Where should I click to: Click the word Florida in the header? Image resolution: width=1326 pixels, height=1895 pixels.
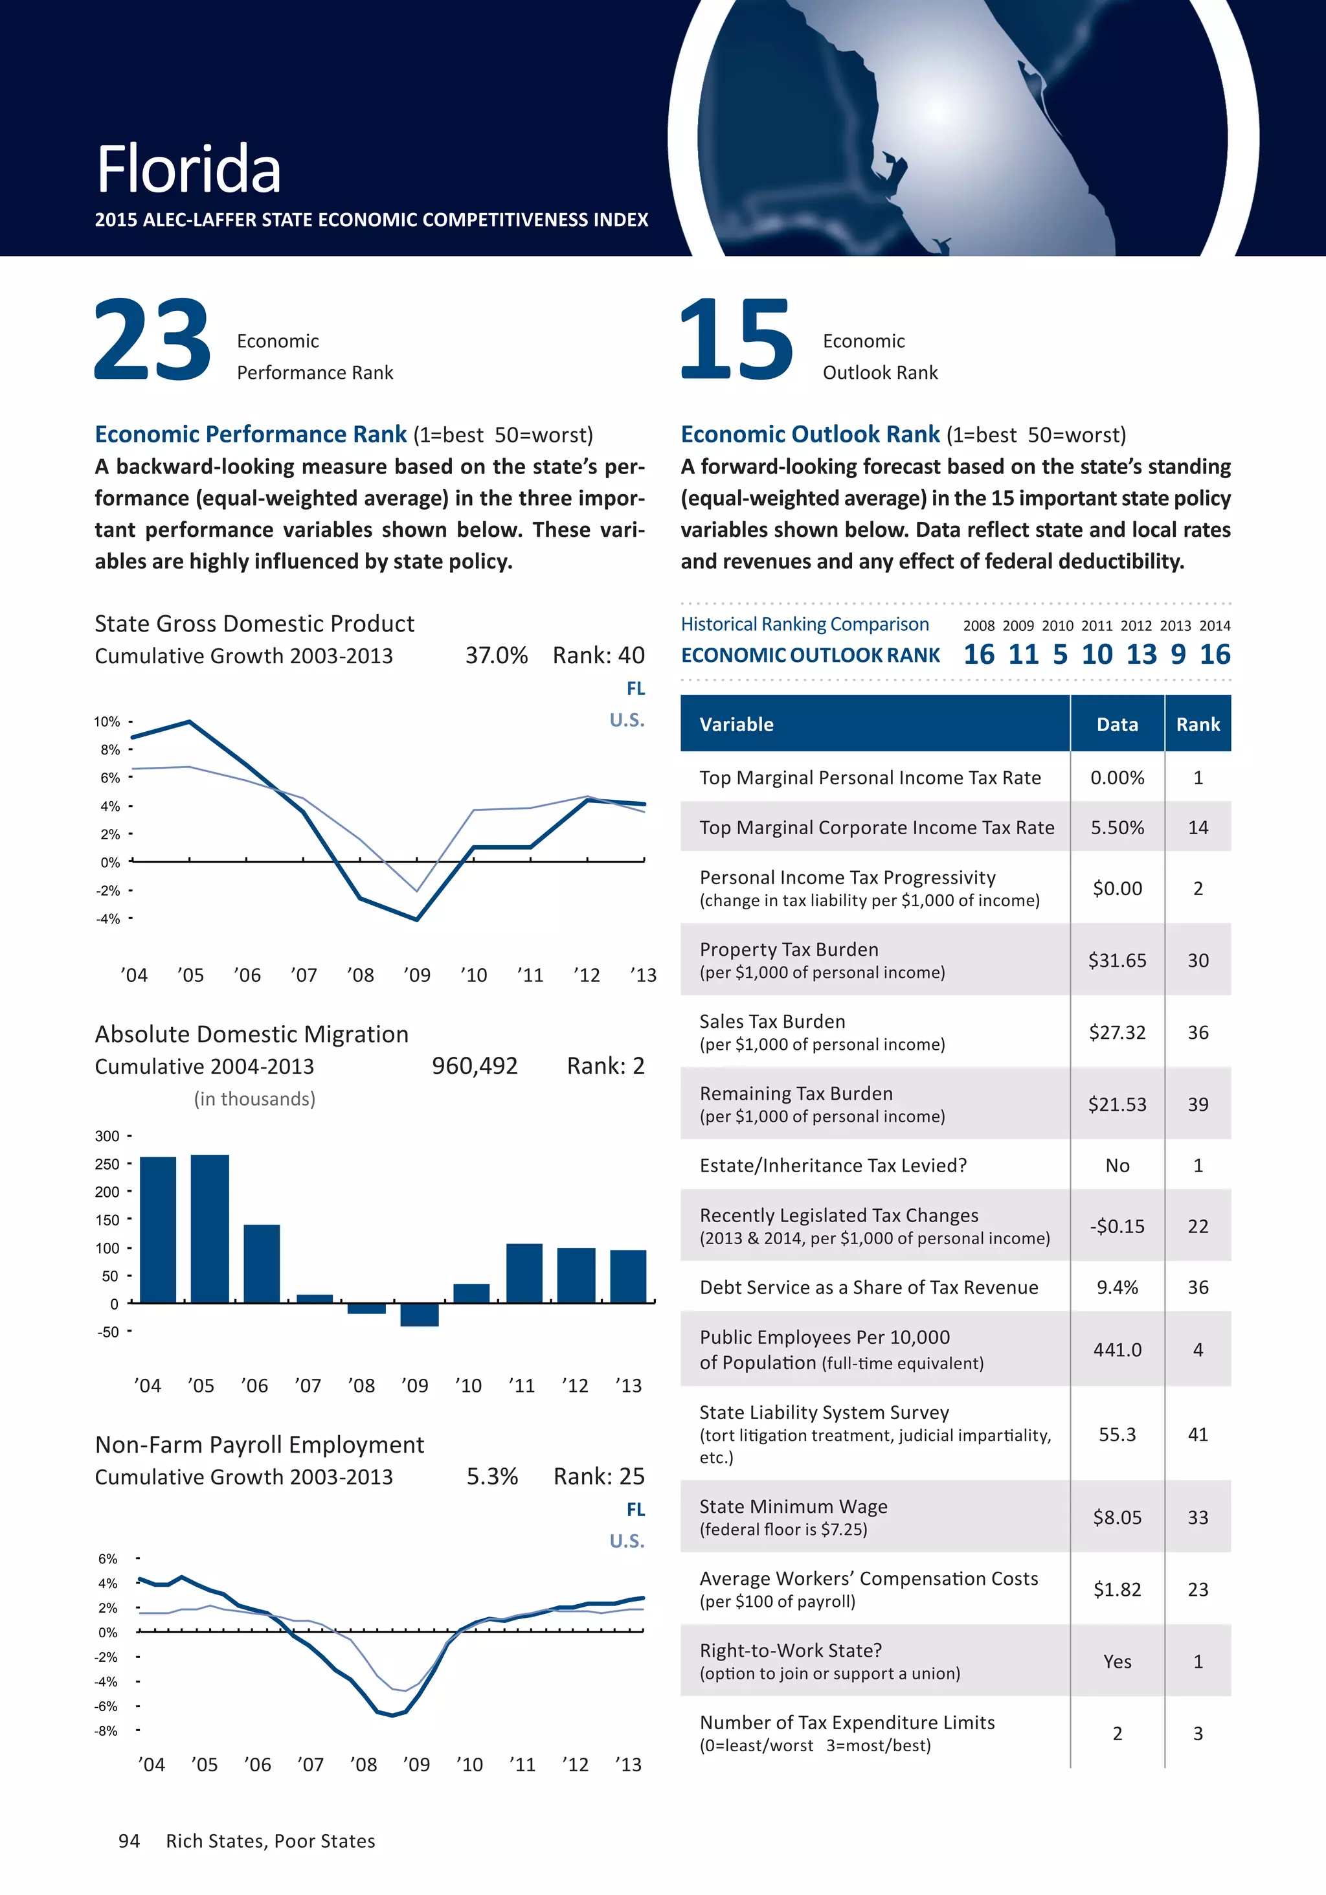pyautogui.click(x=189, y=169)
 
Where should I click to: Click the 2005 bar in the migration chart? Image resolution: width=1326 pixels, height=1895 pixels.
pyautogui.click(x=210, y=1228)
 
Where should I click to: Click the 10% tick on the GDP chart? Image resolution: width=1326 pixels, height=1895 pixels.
pyautogui.click(x=107, y=721)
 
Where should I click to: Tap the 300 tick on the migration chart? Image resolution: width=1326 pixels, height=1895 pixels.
pyautogui.click(x=107, y=1136)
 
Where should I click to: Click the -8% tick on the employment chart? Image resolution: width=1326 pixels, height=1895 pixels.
pyautogui.click(x=106, y=1730)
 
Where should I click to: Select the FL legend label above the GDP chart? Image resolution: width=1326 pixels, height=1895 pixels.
pyautogui.click(x=635, y=688)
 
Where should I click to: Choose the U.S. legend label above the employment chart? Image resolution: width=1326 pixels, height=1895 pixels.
pyautogui.click(x=627, y=1541)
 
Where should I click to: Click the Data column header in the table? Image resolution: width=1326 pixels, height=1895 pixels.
pyautogui.click(x=1118, y=725)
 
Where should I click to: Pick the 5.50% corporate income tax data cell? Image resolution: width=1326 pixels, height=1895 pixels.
pyautogui.click(x=1118, y=828)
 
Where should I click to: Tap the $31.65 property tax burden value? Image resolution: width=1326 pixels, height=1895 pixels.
pyautogui.click(x=1118, y=960)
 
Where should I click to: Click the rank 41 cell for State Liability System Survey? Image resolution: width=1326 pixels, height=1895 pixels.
pyautogui.click(x=1198, y=1435)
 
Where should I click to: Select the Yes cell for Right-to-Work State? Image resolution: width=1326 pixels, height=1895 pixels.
pyautogui.click(x=1118, y=1661)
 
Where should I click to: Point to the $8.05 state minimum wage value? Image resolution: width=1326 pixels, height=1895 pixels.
pyautogui.click(x=1118, y=1517)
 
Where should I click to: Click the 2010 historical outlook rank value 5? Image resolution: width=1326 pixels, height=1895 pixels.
pyautogui.click(x=1059, y=655)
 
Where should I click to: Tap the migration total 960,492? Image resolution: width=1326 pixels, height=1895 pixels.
pyautogui.click(x=475, y=1067)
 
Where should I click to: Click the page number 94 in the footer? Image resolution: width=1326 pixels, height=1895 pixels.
pyautogui.click(x=129, y=1841)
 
